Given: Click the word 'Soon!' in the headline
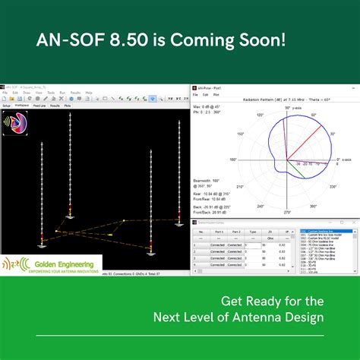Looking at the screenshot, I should click(264, 58).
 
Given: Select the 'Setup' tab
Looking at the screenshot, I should click(7, 106).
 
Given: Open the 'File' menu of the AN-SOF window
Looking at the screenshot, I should click(5, 93).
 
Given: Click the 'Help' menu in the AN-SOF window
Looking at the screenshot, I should click(88, 93).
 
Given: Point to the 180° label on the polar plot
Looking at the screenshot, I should click(233, 159).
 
